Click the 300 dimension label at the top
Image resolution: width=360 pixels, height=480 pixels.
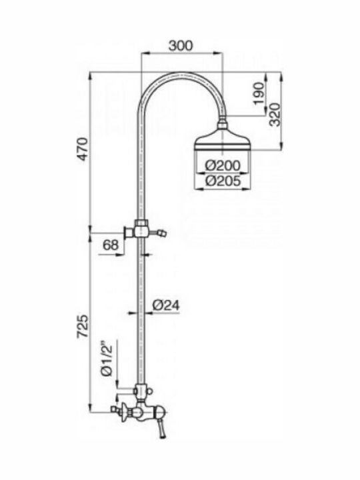click(181, 45)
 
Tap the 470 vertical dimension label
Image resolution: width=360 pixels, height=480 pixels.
click(83, 150)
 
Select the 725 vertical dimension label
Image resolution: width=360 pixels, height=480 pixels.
click(83, 327)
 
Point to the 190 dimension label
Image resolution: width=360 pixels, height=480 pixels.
click(259, 93)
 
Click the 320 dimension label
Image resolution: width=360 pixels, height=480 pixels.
click(275, 115)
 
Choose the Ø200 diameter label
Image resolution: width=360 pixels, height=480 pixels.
click(223, 165)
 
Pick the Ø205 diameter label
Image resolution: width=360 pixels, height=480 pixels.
click(223, 181)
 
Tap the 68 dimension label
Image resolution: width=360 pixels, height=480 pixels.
click(111, 245)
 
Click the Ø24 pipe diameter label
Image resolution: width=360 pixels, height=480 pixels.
click(166, 305)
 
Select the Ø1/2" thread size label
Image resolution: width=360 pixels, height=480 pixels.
click(107, 357)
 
